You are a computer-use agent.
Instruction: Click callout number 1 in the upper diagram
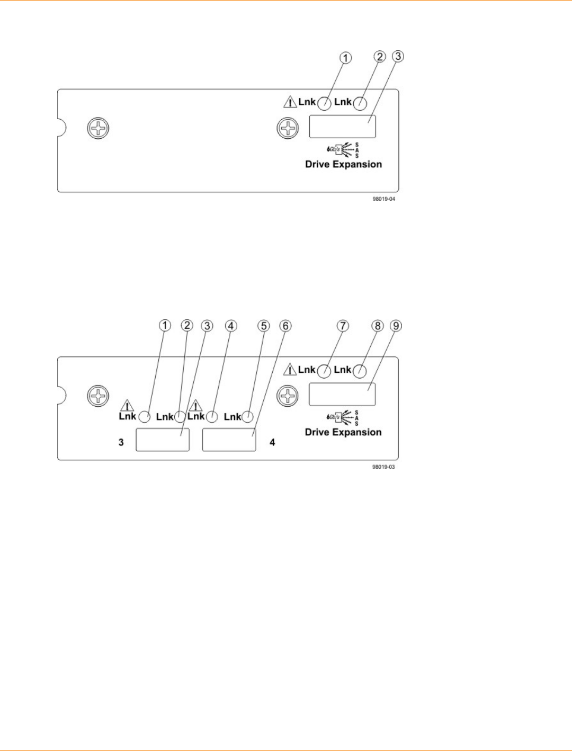[x=345, y=58]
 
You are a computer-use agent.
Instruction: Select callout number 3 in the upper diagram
[x=398, y=56]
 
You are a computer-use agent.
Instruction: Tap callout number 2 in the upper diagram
[x=379, y=56]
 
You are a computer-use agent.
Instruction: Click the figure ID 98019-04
[x=383, y=199]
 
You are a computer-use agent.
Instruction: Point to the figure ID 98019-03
[x=383, y=467]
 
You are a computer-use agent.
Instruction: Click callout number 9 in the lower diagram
[x=396, y=326]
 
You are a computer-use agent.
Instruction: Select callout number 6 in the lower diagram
[x=285, y=326]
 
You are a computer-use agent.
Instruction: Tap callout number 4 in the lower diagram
[x=231, y=326]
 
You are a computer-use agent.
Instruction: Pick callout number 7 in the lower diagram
[x=343, y=326]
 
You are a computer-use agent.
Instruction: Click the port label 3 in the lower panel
[x=121, y=442]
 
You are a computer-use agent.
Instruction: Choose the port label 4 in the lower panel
[x=272, y=442]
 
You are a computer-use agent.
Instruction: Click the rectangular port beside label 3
[x=163, y=440]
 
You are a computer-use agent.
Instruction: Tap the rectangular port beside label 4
[x=229, y=440]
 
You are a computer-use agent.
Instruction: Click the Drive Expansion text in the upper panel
[x=343, y=164]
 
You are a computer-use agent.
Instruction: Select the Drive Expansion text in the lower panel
[x=343, y=432]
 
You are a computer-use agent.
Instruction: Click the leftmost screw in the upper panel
[x=98, y=128]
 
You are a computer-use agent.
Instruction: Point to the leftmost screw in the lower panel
[x=98, y=396]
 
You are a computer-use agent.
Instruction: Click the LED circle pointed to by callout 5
[x=247, y=417]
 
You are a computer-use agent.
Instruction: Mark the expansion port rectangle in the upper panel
[x=342, y=127]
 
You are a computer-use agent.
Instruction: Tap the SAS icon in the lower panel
[x=343, y=417]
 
